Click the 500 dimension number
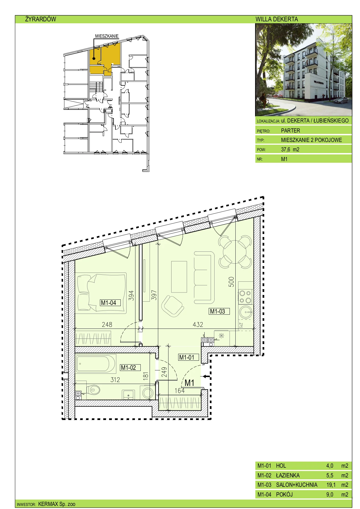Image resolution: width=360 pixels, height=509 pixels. [x=231, y=282]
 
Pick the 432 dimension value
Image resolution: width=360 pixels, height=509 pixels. [x=198, y=324]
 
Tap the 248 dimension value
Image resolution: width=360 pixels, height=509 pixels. [x=107, y=324]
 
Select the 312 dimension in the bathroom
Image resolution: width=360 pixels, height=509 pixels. [x=115, y=380]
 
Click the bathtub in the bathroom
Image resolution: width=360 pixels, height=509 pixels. [x=95, y=363]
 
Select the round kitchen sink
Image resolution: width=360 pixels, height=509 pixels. [x=246, y=312]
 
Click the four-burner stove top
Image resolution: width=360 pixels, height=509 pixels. [x=245, y=297]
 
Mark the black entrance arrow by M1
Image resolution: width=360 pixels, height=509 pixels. [x=207, y=376]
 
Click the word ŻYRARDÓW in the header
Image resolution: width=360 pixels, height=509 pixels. [x=41, y=19]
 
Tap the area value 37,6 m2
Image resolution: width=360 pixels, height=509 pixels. [x=290, y=149]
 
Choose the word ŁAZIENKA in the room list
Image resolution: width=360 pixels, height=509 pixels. [x=288, y=475]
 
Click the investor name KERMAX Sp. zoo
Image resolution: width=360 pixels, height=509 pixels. [x=57, y=504]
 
